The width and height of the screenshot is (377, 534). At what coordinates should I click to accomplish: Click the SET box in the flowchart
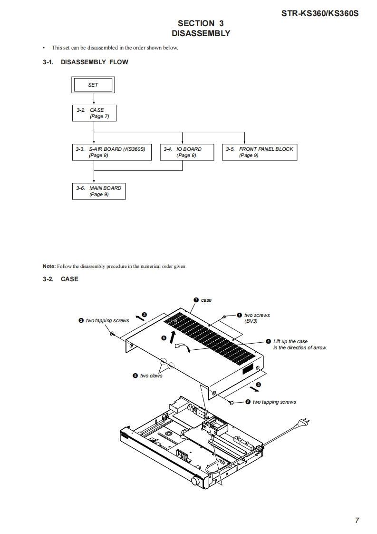tap(93, 85)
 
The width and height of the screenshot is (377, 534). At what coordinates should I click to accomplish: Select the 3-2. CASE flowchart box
tap(94, 113)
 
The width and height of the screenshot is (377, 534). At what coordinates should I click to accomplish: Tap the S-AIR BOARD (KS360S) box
tap(112, 152)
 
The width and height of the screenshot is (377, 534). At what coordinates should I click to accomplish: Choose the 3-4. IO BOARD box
tap(183, 152)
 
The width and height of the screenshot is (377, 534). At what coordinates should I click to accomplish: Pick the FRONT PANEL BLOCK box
tap(260, 152)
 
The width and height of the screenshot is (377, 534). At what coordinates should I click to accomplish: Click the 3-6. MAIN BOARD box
tap(98, 191)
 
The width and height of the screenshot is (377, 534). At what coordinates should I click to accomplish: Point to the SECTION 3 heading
tap(201, 23)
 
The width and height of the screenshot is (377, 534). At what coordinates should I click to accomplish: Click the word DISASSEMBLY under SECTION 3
tap(201, 33)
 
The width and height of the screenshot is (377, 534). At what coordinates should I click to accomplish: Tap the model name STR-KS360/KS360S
tap(319, 14)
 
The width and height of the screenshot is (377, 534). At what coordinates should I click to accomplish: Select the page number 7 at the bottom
tap(357, 520)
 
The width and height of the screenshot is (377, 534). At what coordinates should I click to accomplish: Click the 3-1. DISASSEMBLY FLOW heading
tap(86, 62)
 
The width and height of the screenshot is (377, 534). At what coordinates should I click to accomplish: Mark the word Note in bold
tap(48, 266)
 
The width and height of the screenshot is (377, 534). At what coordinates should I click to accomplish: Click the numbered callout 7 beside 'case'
tap(196, 300)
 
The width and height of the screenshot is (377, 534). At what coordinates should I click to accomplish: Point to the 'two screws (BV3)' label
tap(257, 318)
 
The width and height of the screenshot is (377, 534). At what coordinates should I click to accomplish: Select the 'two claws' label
tap(151, 376)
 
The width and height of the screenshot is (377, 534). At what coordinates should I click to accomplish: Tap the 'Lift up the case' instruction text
tap(290, 341)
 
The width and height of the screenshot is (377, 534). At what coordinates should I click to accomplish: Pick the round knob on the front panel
tap(195, 482)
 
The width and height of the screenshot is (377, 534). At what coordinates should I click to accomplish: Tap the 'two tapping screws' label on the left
tap(107, 321)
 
